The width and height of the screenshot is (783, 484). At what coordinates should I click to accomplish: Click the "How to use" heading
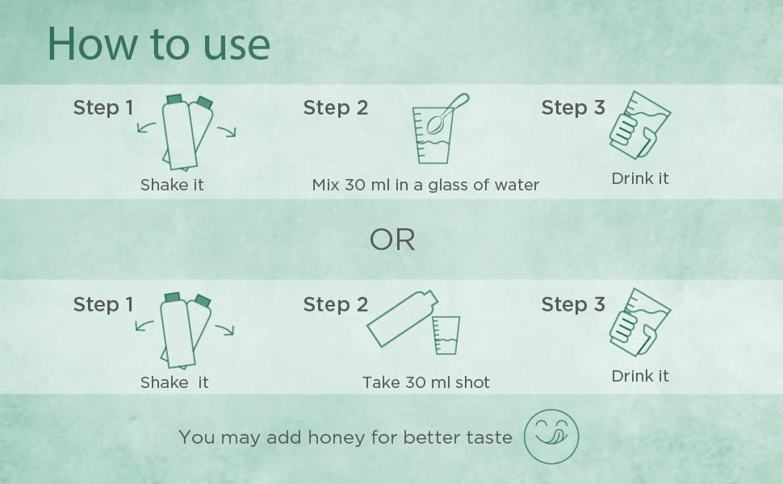[x=159, y=44]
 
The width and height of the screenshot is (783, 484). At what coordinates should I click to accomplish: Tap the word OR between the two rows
[x=392, y=240]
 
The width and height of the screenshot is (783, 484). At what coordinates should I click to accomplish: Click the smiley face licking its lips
[x=551, y=436]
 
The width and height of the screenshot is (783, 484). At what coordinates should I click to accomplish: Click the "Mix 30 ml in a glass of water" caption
[x=425, y=185]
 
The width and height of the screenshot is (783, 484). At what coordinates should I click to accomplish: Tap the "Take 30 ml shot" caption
[x=426, y=382]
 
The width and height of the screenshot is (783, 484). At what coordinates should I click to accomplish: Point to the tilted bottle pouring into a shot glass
[x=403, y=319]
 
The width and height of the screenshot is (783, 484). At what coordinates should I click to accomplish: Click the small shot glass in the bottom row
[x=446, y=335]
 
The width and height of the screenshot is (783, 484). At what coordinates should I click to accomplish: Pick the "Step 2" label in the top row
[x=336, y=108]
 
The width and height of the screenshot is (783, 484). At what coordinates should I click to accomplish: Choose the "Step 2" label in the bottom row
[x=336, y=304]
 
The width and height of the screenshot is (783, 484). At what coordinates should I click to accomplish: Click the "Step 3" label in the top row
[x=573, y=108]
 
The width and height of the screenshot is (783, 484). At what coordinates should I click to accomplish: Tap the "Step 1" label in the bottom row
[x=103, y=304]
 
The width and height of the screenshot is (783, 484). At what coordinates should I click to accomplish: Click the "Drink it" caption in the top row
[x=639, y=178]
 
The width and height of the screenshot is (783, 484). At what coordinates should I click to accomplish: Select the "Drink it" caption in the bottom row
[x=639, y=376]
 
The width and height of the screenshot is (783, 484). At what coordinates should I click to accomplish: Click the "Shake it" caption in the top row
[x=172, y=185]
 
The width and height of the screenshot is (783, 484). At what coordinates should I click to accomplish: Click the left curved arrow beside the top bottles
[x=144, y=127]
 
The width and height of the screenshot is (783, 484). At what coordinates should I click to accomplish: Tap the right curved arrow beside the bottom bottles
[x=226, y=329]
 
